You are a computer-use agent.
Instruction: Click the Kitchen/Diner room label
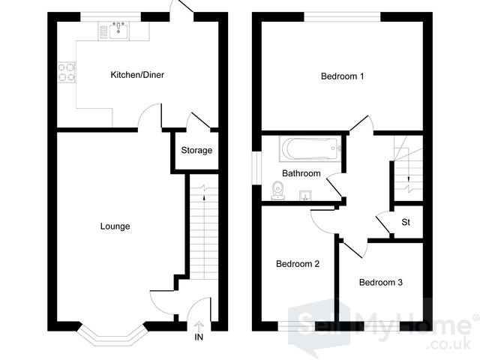pos(137,75)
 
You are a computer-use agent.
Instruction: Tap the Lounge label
pos(115,226)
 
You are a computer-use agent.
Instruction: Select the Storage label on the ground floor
pos(196,150)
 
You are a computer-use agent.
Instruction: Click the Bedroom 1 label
pos(342,76)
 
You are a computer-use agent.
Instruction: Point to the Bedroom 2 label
pos(298,263)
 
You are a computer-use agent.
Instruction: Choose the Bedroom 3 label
pos(380,282)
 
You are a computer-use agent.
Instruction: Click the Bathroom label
pos(301,173)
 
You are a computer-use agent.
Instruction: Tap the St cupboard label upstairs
pos(406,222)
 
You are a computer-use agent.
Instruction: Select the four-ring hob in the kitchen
pos(67,72)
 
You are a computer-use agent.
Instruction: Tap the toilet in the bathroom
pos(278,191)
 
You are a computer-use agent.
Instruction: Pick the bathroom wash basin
pos(305,196)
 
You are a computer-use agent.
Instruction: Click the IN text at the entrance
pos(199,337)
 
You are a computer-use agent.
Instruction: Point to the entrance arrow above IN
pos(199,327)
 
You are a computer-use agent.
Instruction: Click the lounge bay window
pos(112,334)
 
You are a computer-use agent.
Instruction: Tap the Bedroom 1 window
pos(342,16)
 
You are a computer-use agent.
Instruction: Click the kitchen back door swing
pos(181,7)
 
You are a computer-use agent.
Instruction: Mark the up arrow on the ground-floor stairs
pos(204,198)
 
